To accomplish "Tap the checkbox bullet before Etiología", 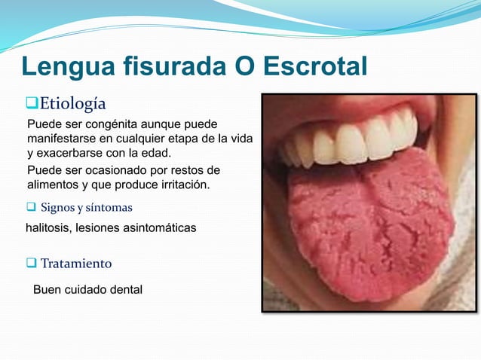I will [32, 102].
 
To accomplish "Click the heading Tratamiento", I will [76, 264].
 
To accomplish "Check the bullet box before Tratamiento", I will [32, 264].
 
